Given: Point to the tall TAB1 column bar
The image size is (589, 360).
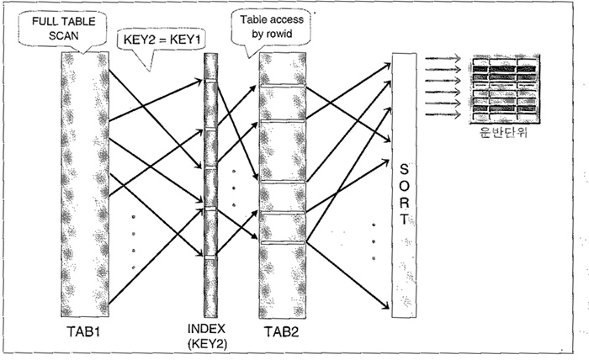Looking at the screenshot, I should pyautogui.click(x=84, y=181).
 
